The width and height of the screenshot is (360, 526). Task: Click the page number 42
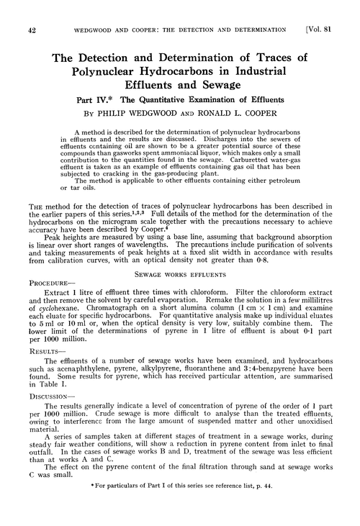pos(31,30)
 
